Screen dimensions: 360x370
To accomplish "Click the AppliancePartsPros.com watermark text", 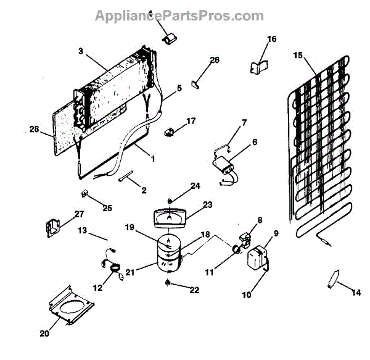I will point(179,15).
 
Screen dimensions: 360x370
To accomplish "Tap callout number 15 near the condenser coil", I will point(298,56).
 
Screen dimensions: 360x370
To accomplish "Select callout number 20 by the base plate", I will point(43,334).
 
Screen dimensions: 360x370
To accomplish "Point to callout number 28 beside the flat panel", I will point(33,130).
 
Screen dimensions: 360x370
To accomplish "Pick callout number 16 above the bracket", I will point(271,39).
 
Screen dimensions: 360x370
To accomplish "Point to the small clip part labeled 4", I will point(167,38).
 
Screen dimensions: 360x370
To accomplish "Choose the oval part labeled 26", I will point(195,82).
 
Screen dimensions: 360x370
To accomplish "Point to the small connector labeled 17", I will point(168,131).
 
